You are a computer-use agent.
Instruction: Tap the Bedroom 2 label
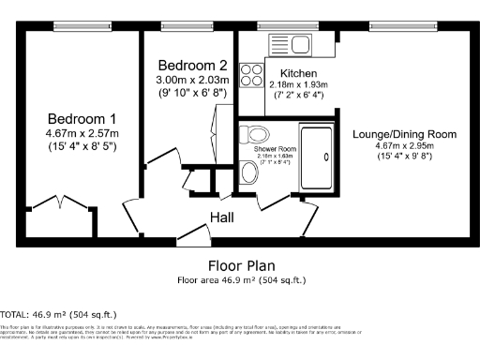(191, 66)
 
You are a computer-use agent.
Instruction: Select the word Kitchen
(299, 73)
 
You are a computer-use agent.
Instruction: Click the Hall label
(222, 217)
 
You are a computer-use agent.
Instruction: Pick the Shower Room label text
(275, 149)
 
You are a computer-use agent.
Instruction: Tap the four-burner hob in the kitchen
(251, 74)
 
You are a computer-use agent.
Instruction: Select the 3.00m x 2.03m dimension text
(191, 81)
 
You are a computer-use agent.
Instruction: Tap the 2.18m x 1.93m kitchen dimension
(298, 83)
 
